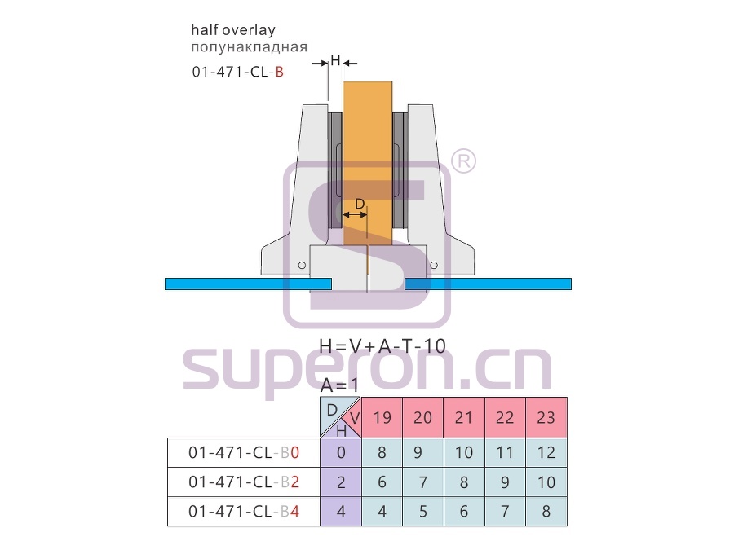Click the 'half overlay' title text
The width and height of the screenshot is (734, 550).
tap(233, 30)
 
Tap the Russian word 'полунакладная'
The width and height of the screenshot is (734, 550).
tap(249, 46)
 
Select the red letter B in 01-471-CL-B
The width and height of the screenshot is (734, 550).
tap(279, 72)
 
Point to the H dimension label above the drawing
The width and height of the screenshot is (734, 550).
tap(335, 59)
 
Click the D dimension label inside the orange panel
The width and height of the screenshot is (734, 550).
tap(360, 204)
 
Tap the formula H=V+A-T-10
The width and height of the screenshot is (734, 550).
tap(382, 346)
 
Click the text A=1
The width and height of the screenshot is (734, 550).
tap(339, 385)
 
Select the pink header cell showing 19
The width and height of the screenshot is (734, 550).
tap(382, 417)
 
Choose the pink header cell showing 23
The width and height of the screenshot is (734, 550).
tap(546, 417)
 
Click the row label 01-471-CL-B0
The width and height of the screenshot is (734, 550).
tap(243, 453)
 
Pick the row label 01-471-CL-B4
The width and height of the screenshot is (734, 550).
tap(243, 512)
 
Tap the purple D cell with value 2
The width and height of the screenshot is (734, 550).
tap(341, 482)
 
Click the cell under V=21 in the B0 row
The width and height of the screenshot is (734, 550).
tap(464, 453)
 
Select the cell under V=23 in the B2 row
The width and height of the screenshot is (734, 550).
tap(546, 482)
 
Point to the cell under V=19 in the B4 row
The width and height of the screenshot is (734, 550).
tap(382, 512)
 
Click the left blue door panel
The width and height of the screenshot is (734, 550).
tap(248, 284)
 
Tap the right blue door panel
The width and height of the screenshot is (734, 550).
tap(489, 284)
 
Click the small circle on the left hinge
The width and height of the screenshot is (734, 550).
tap(302, 265)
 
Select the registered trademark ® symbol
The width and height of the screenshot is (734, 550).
tap(463, 161)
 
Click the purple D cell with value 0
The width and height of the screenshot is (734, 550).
tap(341, 453)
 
